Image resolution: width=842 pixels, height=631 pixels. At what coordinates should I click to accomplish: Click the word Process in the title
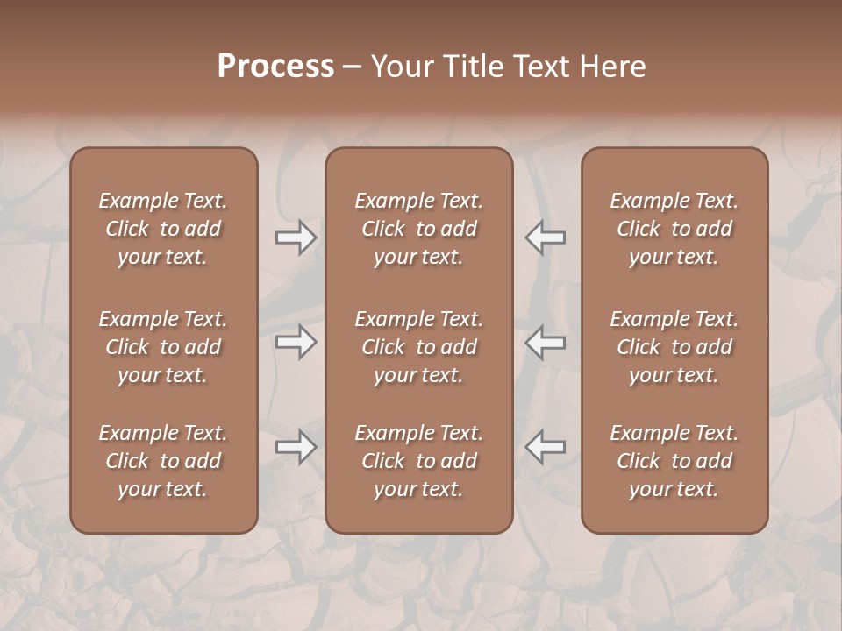click(275, 67)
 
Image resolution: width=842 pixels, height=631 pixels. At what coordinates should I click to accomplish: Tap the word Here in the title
click(613, 67)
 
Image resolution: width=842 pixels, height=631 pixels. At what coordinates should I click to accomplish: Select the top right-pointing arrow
click(296, 238)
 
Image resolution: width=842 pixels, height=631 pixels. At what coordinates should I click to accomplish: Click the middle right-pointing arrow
click(296, 342)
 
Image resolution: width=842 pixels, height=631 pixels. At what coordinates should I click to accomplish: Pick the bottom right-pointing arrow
click(296, 447)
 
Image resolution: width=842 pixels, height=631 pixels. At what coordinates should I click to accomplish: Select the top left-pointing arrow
click(545, 238)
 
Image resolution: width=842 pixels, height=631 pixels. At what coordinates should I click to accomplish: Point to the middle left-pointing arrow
click(545, 342)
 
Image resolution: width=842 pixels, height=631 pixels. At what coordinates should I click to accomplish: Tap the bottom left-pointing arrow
click(545, 447)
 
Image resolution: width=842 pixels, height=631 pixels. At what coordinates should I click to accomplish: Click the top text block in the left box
click(163, 229)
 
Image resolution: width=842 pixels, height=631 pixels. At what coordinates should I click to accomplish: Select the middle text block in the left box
click(163, 347)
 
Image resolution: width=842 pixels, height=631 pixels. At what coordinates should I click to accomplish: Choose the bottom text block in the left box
click(163, 461)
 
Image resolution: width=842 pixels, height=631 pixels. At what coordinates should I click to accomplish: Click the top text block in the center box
click(418, 229)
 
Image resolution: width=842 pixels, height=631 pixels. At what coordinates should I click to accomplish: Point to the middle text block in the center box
click(418, 347)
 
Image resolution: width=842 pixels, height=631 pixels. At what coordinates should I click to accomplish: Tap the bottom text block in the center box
click(418, 461)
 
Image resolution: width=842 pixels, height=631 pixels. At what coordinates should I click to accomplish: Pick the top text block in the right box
click(674, 229)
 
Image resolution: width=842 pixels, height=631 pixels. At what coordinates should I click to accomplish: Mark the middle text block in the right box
click(674, 347)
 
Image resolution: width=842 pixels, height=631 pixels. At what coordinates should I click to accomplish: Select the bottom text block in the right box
click(674, 461)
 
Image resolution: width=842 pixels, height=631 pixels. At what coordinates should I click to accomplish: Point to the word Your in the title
click(403, 67)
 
